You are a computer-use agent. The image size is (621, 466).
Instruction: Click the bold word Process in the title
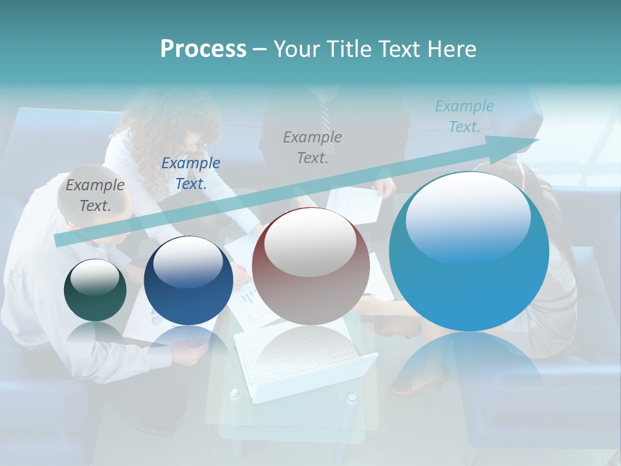click(203, 49)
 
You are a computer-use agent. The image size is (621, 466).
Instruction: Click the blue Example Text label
click(190, 173)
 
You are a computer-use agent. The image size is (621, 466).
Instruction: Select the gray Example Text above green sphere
click(94, 195)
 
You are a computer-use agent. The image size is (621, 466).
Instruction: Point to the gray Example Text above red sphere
click(312, 147)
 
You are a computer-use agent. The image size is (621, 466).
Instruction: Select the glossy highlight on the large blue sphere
click(468, 217)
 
